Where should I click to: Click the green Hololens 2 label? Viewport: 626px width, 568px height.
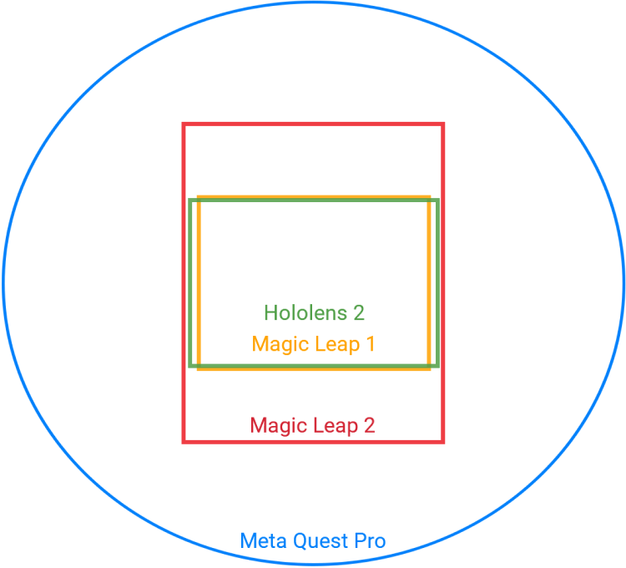tap(314, 312)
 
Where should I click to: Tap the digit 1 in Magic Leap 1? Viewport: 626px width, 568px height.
tap(371, 343)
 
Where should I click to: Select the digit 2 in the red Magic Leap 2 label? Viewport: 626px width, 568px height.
tap(369, 425)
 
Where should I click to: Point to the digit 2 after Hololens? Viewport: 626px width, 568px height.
tap(359, 312)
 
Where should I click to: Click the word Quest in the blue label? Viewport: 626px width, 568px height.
tap(321, 541)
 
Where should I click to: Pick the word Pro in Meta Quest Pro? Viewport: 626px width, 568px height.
tap(370, 541)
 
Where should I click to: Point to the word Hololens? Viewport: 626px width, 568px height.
tap(305, 312)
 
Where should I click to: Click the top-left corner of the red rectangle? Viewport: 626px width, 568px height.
tap(184, 124)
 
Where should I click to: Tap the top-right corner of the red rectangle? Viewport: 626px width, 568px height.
tap(442, 124)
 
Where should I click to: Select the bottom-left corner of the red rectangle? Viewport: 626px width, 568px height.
tap(184, 442)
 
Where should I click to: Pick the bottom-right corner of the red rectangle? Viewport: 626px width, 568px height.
tap(442, 442)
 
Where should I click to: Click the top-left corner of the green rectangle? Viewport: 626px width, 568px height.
tap(190, 200)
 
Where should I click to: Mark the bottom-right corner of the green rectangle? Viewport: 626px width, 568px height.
tap(437, 366)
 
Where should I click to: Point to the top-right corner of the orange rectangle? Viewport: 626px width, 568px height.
tap(429, 197)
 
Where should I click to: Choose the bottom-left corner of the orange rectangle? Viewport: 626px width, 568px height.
tap(199, 368)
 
